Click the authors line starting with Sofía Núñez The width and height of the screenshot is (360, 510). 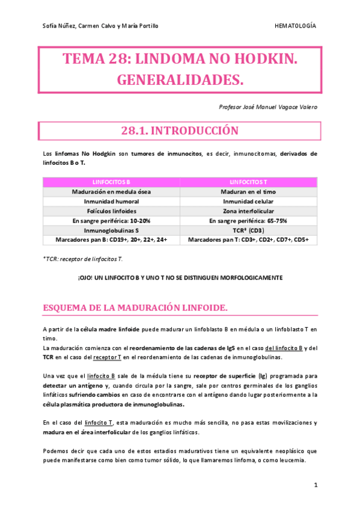click(x=101, y=26)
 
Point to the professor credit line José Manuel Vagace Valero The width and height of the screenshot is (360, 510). click(x=269, y=106)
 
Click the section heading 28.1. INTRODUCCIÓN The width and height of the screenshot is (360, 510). click(x=180, y=131)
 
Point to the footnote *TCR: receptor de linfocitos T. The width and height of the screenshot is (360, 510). click(x=83, y=258)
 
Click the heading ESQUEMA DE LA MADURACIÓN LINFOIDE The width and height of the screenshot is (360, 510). click(x=135, y=308)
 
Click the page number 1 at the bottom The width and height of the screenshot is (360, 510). click(x=315, y=484)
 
